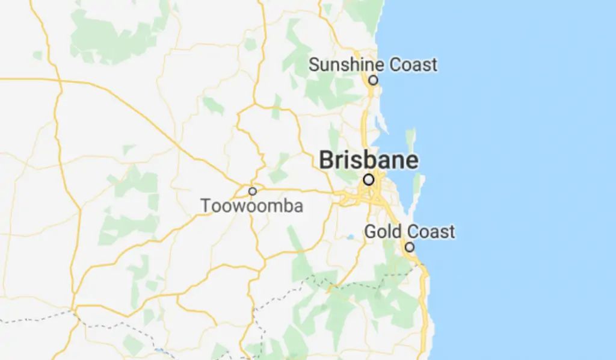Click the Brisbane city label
coord(368,161)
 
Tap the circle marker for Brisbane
coord(368,179)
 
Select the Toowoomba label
coord(252,206)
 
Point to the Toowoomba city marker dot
coord(253,191)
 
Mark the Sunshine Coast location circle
coord(373,79)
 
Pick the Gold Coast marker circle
coord(409,247)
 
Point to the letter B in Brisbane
coord(325,161)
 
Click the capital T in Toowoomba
coord(206,206)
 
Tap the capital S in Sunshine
coord(314,65)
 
